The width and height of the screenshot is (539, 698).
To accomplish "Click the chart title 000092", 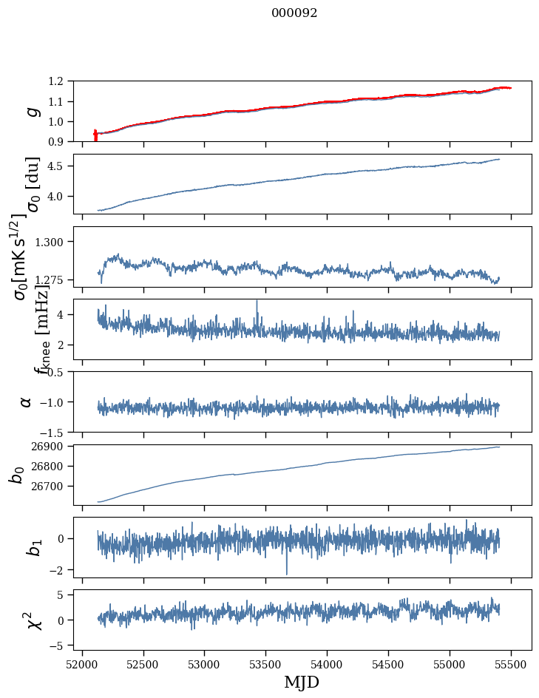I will coord(294,13).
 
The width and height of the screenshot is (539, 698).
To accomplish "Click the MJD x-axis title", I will coord(301,682).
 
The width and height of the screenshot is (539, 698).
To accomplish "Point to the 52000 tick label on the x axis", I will coord(82,664).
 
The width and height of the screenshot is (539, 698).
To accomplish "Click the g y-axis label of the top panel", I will coord(32,111).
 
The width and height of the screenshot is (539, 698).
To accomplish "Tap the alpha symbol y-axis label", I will coord(27,401).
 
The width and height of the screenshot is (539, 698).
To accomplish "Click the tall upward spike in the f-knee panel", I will coord(257,303).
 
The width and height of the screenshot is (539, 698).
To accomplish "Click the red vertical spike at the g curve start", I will coord(95,135).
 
